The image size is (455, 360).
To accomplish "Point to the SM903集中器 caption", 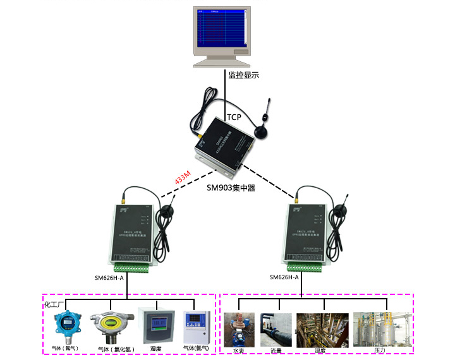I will [231, 188].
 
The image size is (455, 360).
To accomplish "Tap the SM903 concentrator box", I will [219, 149].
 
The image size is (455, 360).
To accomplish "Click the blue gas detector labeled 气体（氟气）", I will [65, 325].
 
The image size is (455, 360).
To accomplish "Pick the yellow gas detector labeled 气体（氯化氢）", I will [110, 325].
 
